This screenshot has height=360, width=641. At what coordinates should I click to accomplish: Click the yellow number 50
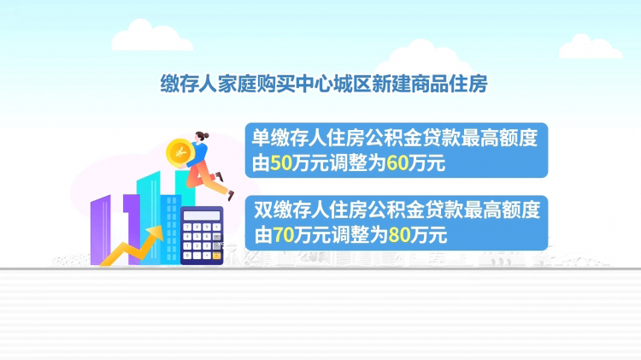pos(281,163)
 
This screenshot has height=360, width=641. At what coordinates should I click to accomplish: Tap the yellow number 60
pos(397,163)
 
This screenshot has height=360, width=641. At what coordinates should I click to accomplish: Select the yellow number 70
pos(283,235)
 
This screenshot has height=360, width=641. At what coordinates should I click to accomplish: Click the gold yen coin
pos(179,153)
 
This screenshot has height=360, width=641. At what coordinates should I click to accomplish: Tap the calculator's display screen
pos(202,215)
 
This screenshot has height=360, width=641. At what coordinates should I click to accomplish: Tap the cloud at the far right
pos(591,46)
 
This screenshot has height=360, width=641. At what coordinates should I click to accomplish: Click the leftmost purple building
pos(101,230)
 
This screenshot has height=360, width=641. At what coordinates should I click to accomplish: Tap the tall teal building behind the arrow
pos(149,218)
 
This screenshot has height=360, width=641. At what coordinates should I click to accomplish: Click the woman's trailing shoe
pos(231,196)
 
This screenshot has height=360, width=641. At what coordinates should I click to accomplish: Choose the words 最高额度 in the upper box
pos(499,139)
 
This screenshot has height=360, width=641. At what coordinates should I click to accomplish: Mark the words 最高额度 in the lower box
pos(502,210)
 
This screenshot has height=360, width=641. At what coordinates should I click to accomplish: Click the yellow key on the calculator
pos(216,256)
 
